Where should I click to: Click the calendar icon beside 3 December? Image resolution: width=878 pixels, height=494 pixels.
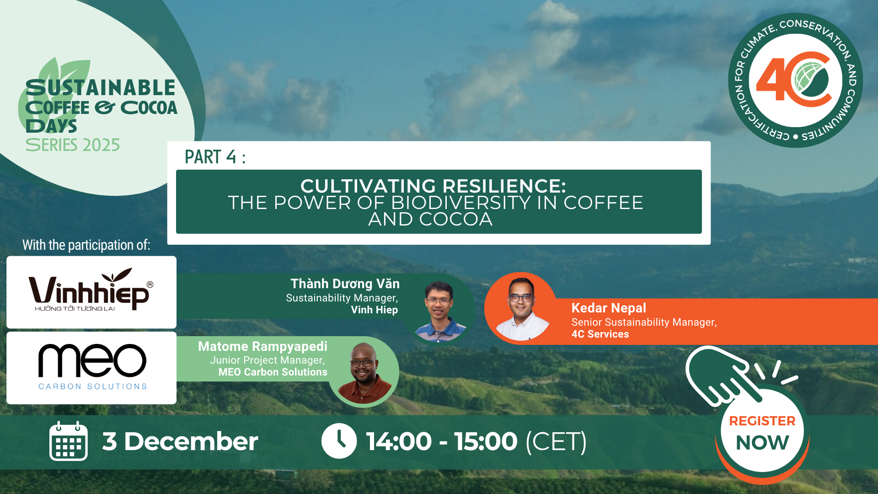click(68, 441)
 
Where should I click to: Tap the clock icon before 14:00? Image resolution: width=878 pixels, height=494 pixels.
click(339, 441)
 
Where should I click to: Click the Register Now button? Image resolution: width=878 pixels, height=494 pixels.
click(762, 432)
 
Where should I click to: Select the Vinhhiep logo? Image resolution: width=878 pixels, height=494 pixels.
click(91, 292)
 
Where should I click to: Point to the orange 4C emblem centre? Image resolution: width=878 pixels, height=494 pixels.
click(796, 80)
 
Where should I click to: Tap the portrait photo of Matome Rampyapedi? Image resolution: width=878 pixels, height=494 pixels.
click(364, 371)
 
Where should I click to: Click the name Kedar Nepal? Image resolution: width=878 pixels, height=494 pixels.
click(609, 308)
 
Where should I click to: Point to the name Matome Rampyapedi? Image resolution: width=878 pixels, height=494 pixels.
click(262, 347)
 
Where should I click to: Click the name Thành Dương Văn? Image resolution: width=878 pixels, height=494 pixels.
click(345, 284)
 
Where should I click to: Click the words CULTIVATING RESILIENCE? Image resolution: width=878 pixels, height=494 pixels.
click(433, 186)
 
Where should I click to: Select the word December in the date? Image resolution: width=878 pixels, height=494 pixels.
click(191, 441)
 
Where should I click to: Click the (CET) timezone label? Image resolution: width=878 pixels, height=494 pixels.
click(556, 442)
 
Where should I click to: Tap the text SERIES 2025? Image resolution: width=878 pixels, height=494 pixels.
click(73, 145)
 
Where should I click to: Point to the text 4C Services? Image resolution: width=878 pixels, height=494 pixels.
click(600, 334)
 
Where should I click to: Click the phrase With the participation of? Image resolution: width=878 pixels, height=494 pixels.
click(86, 245)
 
